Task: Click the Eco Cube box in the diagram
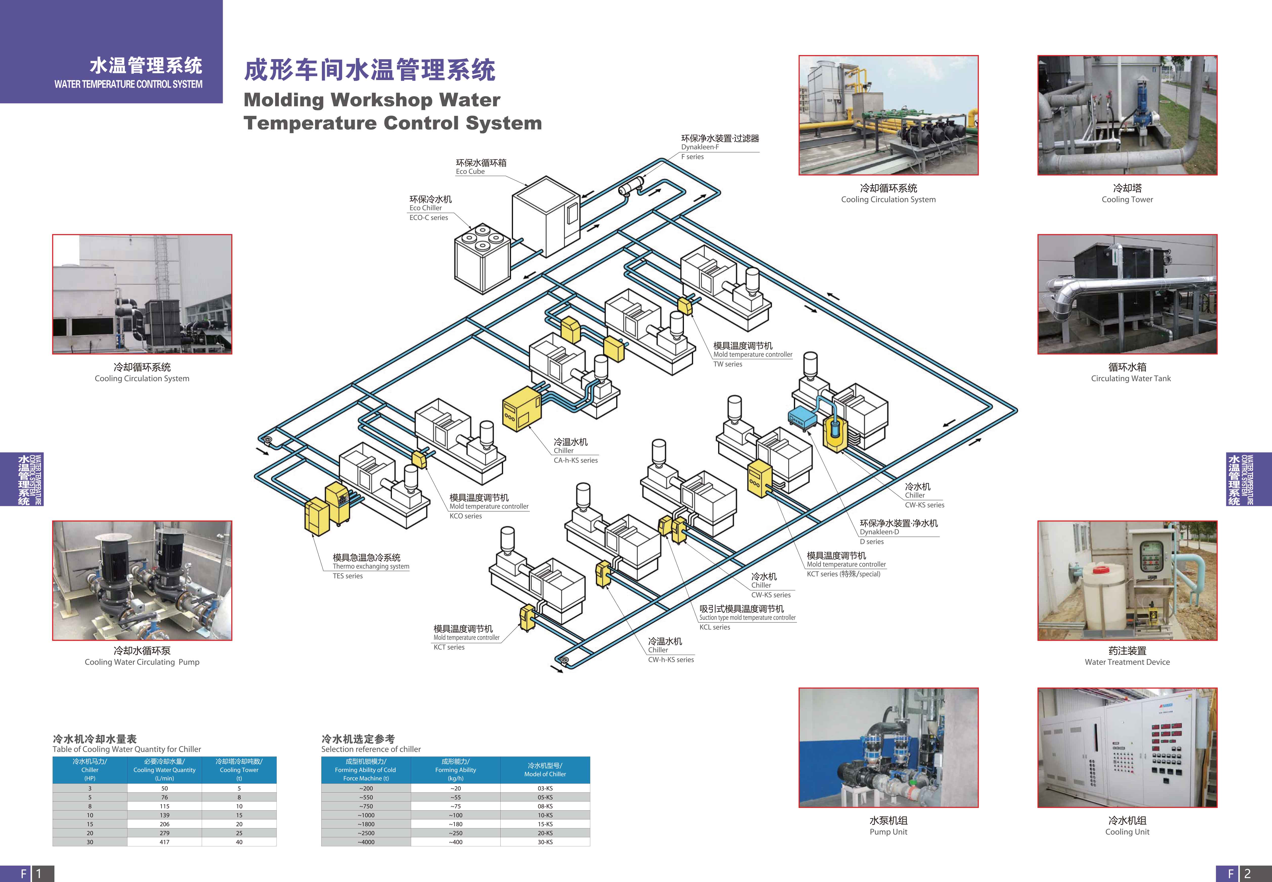pos(545,218)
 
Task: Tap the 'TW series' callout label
pos(727,364)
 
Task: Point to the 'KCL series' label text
pos(715,627)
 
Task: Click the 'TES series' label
pos(347,576)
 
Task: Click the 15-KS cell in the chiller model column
pos(545,824)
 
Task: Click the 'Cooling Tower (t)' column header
pos(239,770)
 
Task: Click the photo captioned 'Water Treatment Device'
pos(1127,580)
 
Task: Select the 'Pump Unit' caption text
pos(888,832)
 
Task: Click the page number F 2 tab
pos(1243,874)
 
